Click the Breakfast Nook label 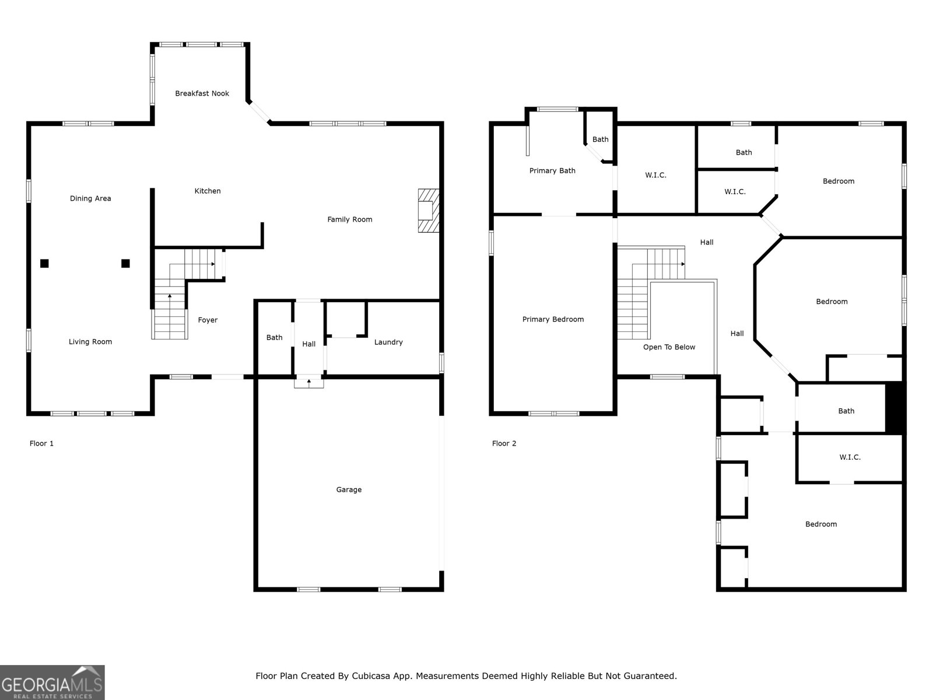(x=202, y=93)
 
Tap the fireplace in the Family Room (x=429, y=211)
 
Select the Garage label (x=349, y=489)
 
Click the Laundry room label (x=388, y=342)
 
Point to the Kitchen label (x=208, y=191)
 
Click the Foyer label (x=208, y=320)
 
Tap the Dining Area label (x=90, y=198)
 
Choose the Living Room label (x=90, y=342)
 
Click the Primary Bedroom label (x=553, y=319)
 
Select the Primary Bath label (x=552, y=171)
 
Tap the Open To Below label (x=669, y=347)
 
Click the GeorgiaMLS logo (x=52, y=682)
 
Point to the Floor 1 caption (x=41, y=444)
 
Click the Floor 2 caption (x=504, y=444)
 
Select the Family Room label (x=350, y=219)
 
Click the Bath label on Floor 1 (x=275, y=338)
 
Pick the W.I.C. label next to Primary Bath (x=655, y=175)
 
